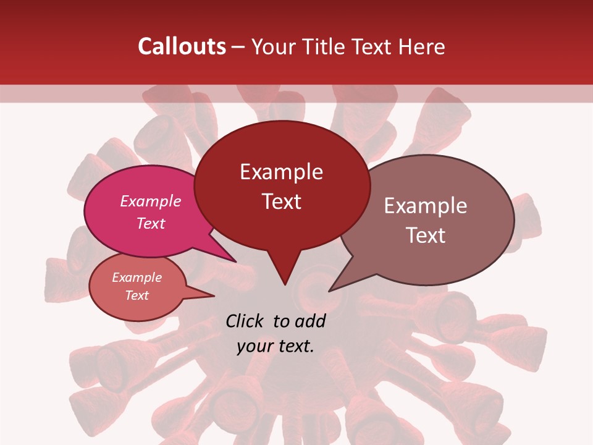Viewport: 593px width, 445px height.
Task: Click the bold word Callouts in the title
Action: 182,46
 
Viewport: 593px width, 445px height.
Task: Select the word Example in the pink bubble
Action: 151,201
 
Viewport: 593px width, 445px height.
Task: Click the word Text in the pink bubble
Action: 151,223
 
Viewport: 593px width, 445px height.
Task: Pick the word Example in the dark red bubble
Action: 281,172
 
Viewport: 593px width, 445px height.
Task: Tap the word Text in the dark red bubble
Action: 281,201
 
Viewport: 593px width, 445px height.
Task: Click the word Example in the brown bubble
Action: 426,206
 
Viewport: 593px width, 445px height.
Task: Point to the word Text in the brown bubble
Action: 426,235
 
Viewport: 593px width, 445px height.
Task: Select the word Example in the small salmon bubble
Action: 137,278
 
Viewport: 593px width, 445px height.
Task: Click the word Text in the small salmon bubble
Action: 137,295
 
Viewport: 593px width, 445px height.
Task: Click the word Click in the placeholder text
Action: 245,321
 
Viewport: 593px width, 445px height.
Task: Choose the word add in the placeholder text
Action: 310,321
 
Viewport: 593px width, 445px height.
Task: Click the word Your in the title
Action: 273,46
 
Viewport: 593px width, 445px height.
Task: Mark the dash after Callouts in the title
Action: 238,46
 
